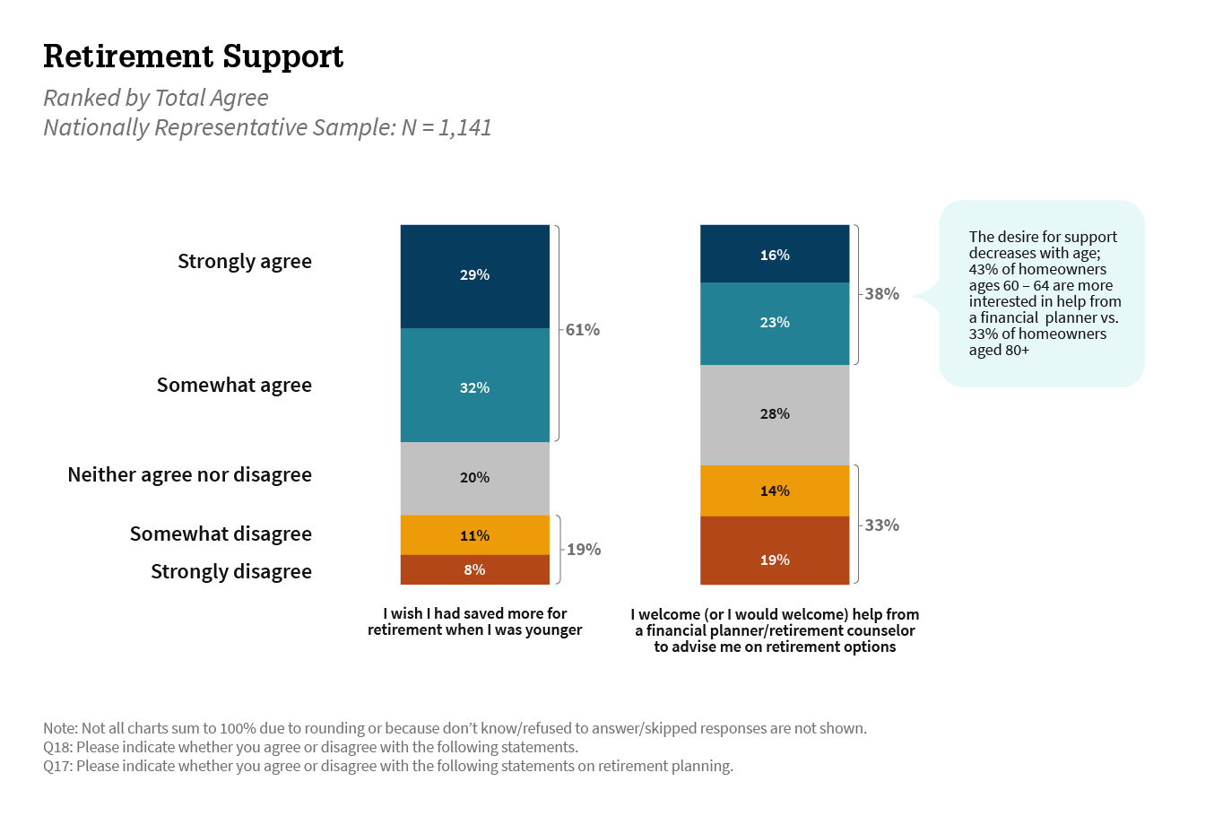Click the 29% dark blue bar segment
(x=474, y=275)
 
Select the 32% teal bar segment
(x=474, y=386)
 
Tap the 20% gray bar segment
(x=474, y=478)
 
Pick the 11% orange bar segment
(x=474, y=535)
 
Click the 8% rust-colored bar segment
(x=474, y=569)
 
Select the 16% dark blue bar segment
(x=775, y=255)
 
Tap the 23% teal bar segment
(x=775, y=323)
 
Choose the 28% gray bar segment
(x=775, y=414)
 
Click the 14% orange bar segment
(x=775, y=490)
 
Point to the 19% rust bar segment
(x=775, y=560)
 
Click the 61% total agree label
(x=583, y=330)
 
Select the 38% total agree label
(x=882, y=294)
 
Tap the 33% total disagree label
(x=882, y=525)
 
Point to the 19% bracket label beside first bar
(x=584, y=550)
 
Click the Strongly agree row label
(x=245, y=262)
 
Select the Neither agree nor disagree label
(x=190, y=475)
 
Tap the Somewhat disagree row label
(x=221, y=534)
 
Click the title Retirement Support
(x=194, y=56)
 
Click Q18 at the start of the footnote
(x=57, y=747)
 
